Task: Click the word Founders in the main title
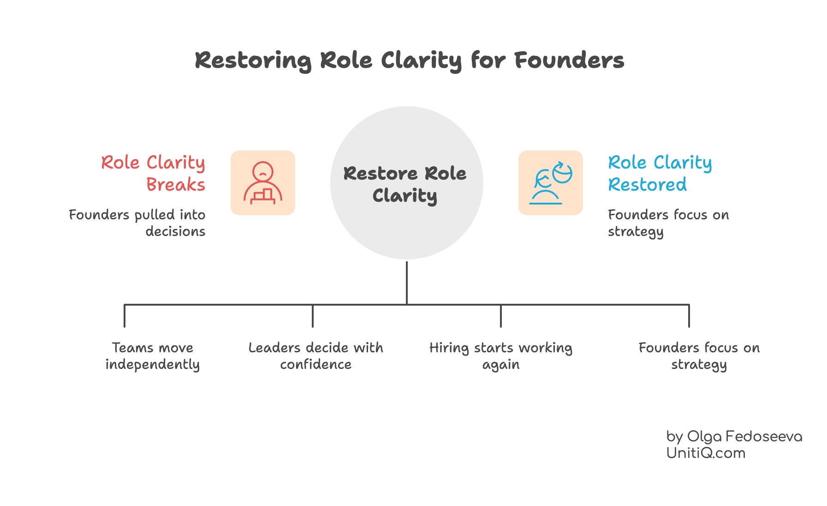(x=569, y=60)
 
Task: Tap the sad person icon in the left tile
(x=263, y=183)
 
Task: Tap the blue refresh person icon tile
(x=550, y=183)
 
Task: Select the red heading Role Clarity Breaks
(x=153, y=173)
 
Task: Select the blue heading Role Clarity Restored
(x=660, y=173)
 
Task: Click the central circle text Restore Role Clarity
(x=405, y=184)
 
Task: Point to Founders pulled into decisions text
(x=137, y=223)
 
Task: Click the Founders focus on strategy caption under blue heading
(x=668, y=223)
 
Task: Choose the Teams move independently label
(x=153, y=356)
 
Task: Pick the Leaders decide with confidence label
(x=316, y=356)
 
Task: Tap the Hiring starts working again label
(x=501, y=356)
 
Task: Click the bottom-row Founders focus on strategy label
(x=699, y=356)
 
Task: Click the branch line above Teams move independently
(x=125, y=316)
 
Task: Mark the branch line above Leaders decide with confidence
(x=313, y=316)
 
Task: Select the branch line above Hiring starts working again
(x=501, y=316)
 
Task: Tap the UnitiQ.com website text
(x=706, y=453)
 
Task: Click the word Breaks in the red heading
(x=176, y=185)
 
